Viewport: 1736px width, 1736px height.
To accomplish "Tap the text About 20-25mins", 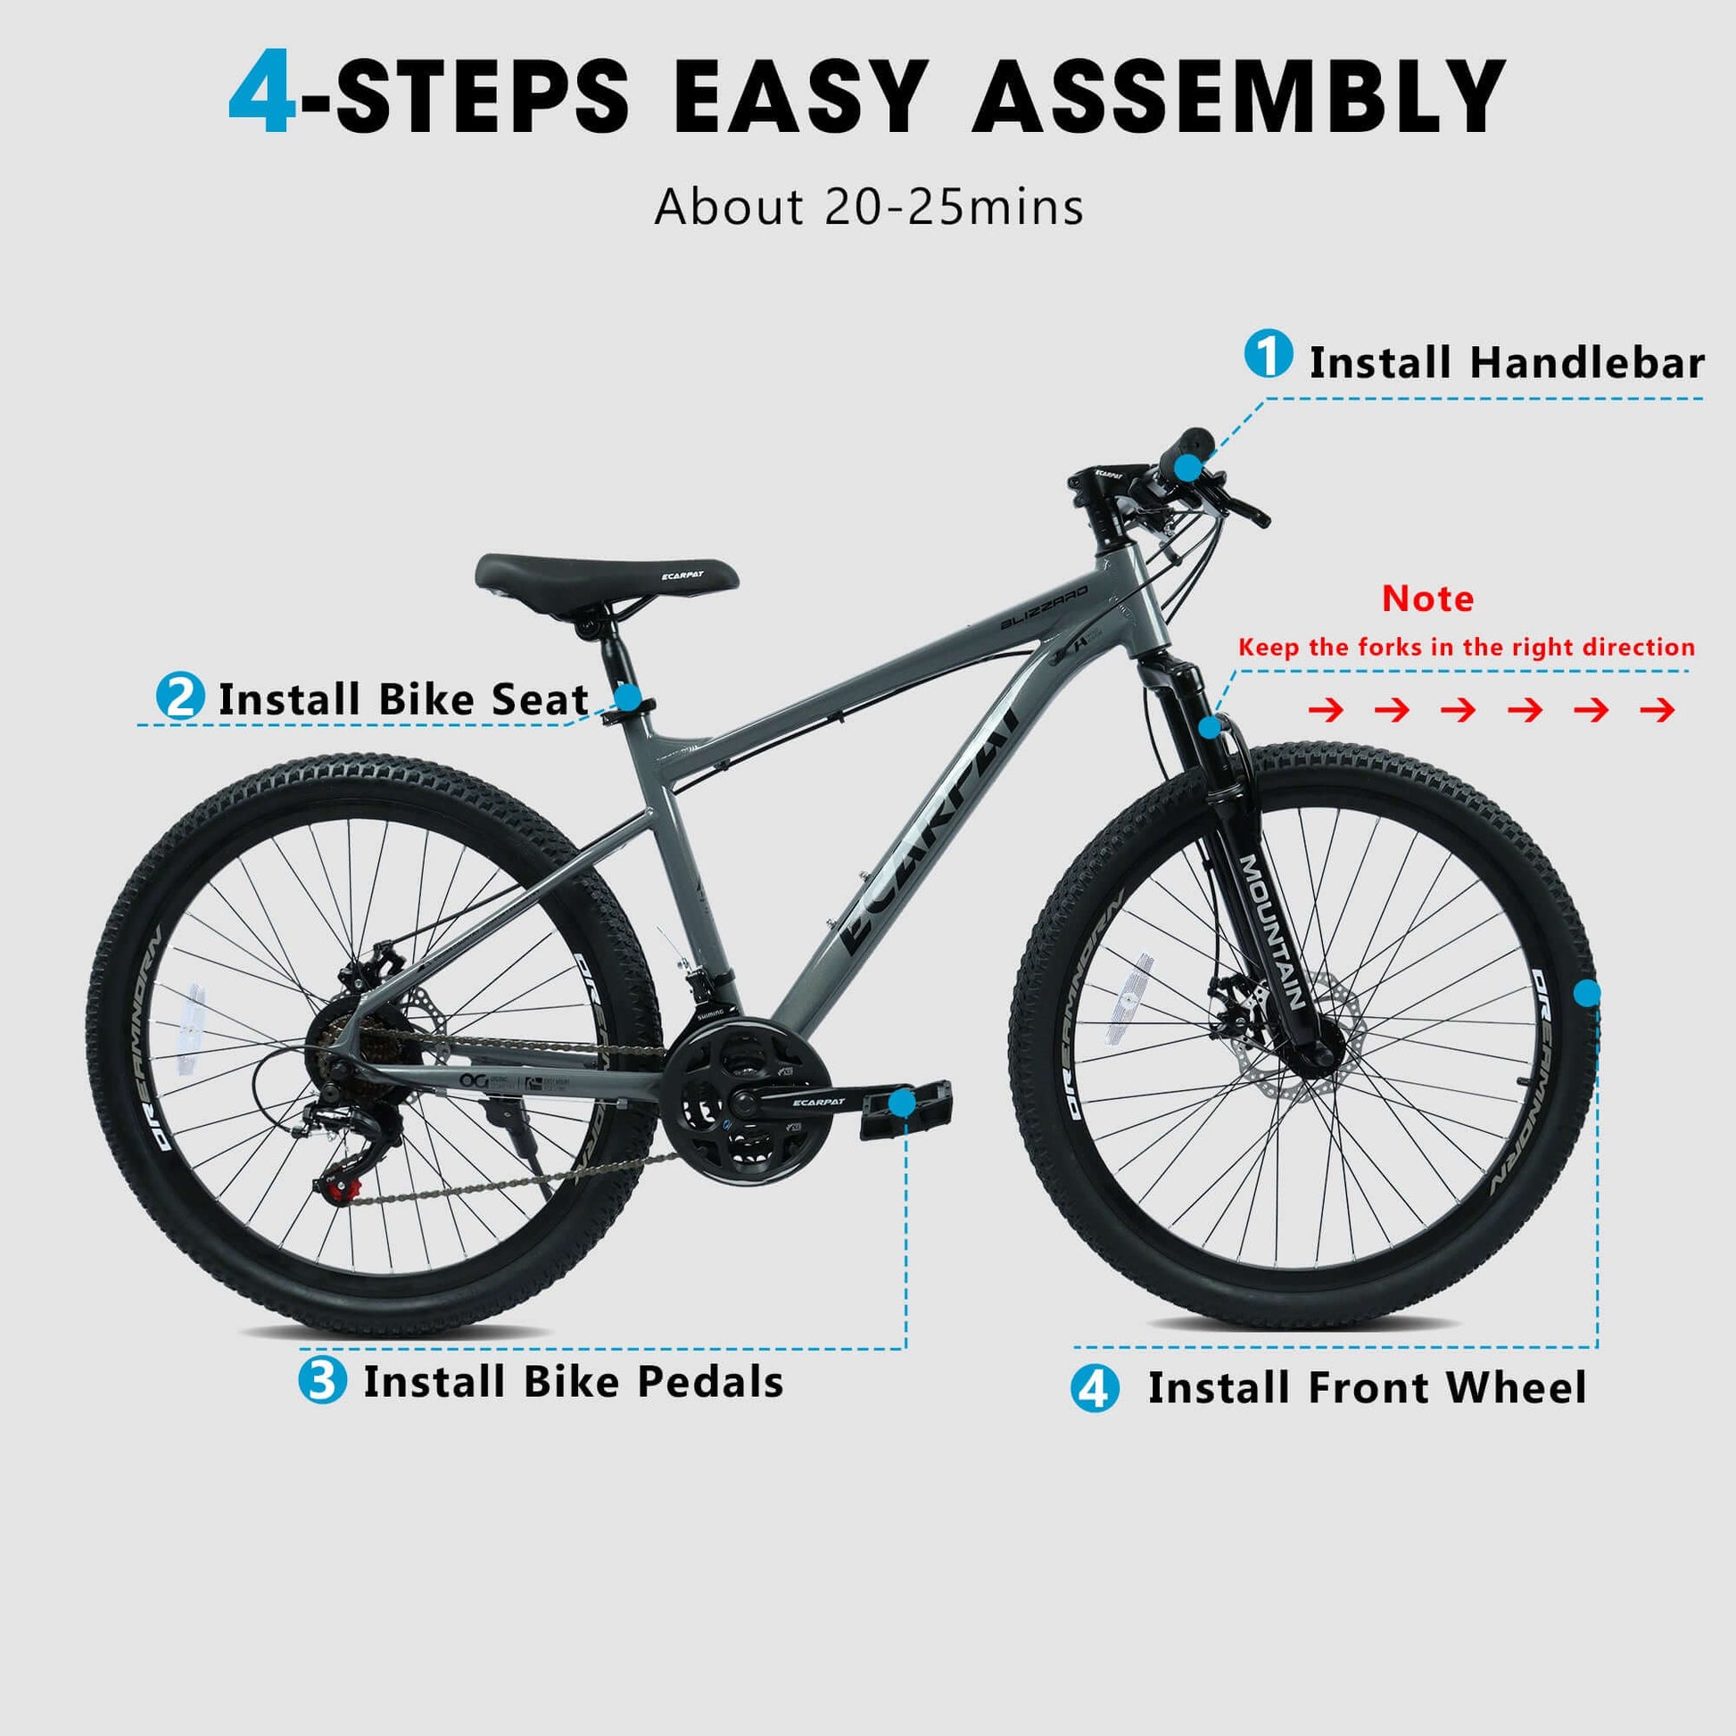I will pyautogui.click(x=869, y=208).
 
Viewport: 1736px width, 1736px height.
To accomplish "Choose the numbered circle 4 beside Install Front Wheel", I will pyautogui.click(x=1095, y=1388).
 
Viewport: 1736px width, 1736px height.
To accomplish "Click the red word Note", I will pyautogui.click(x=1427, y=599).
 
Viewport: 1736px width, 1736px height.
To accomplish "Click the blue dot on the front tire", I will pyautogui.click(x=1587, y=993).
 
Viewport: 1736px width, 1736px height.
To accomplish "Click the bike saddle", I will pyautogui.click(x=607, y=573).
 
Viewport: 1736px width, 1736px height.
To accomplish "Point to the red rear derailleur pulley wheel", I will pyautogui.click(x=336, y=1192).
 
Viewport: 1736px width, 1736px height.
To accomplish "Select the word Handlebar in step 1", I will pyautogui.click(x=1587, y=363).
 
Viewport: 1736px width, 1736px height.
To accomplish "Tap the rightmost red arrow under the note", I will pyautogui.click(x=1657, y=711).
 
